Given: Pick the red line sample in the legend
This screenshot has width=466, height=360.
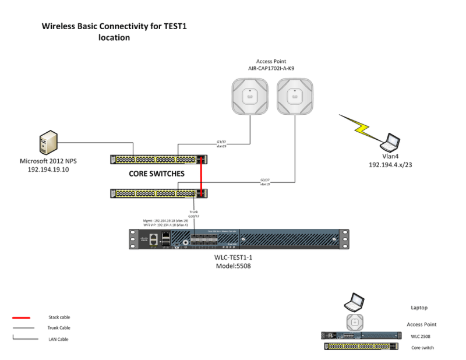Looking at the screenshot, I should [x=22, y=317].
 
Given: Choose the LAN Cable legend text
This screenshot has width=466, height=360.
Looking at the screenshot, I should [x=58, y=338].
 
